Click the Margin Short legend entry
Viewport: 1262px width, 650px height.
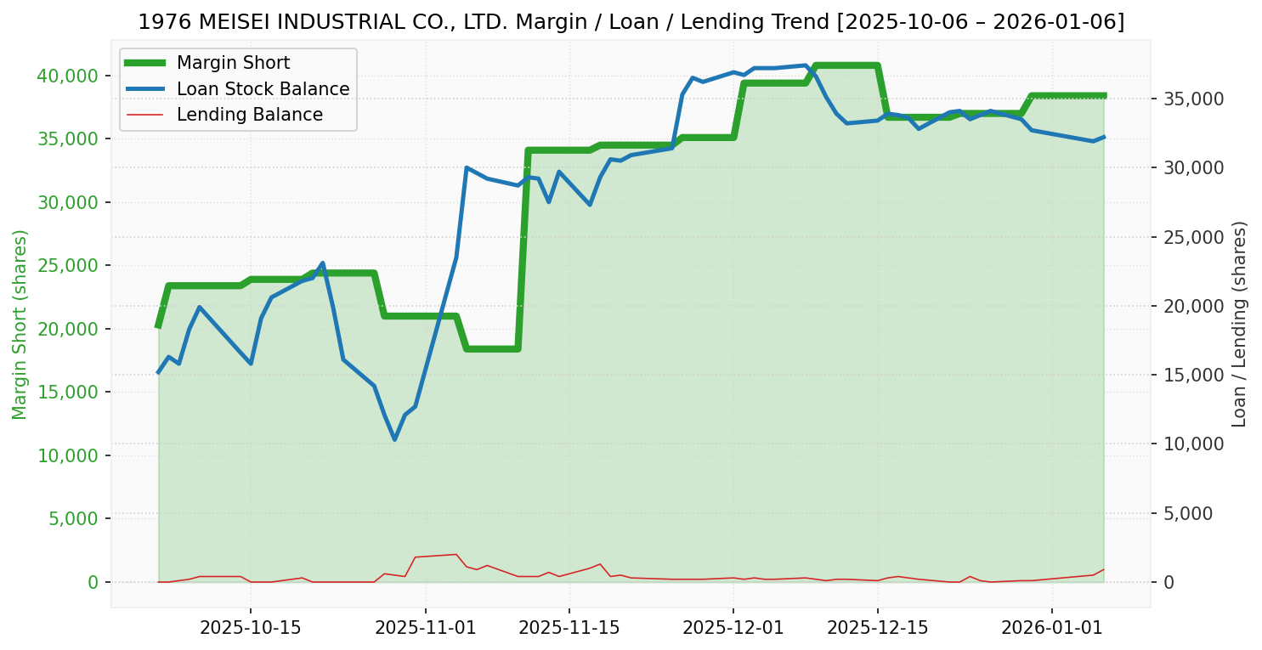pyautogui.click(x=233, y=63)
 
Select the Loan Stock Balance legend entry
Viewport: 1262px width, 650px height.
pyautogui.click(x=263, y=89)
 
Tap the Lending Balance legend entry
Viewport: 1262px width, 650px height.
pyautogui.click(x=249, y=115)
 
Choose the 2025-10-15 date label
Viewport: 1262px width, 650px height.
pyautogui.click(x=251, y=628)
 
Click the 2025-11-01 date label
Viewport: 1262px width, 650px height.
pyautogui.click(x=425, y=628)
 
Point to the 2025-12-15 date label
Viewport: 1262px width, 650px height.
pyautogui.click(x=878, y=628)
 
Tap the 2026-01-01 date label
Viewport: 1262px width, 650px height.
pyautogui.click(x=1052, y=628)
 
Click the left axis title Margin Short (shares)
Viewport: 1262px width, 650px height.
pyautogui.click(x=20, y=324)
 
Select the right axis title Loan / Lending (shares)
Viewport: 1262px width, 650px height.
pyautogui.click(x=1240, y=324)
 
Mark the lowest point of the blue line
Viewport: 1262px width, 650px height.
pyautogui.click(x=394, y=439)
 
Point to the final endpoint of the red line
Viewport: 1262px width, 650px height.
pyautogui.click(x=1104, y=569)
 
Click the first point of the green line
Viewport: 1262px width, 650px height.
pyautogui.click(x=158, y=325)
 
